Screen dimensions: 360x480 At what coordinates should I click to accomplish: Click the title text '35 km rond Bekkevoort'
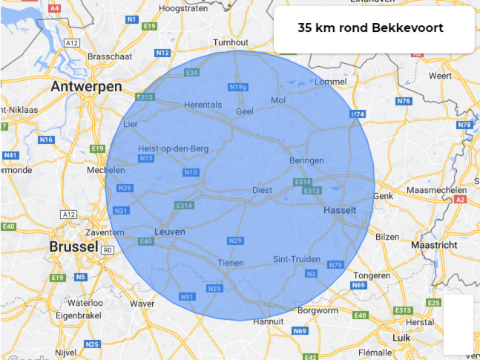370,28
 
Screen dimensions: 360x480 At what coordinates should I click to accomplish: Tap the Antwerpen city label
86,87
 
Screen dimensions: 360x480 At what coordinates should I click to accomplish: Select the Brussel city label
73,247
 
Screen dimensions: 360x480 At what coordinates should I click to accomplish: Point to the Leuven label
169,232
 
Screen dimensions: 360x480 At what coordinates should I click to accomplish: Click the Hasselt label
341,211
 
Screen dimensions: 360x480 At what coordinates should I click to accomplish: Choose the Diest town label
263,190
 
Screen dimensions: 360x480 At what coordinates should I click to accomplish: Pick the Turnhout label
231,42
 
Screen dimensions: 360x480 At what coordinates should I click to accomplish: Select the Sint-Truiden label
297,259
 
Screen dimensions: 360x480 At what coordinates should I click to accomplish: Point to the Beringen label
306,160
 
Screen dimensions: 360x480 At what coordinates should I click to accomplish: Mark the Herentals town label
203,105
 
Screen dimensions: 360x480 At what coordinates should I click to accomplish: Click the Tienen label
231,263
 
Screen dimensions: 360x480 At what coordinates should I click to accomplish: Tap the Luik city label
421,338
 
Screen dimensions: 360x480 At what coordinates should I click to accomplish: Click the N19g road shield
237,87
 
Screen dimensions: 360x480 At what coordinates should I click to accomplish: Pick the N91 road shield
187,297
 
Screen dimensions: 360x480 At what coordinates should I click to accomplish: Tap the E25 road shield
434,303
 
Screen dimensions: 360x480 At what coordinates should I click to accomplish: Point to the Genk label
383,197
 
